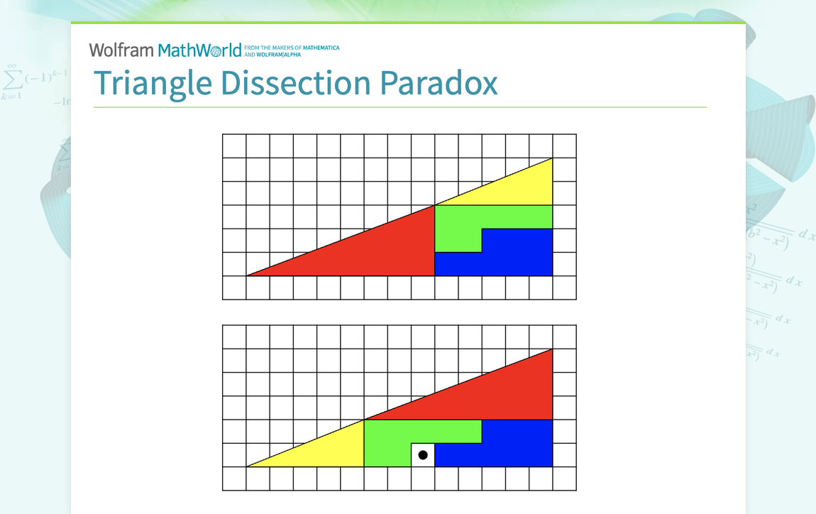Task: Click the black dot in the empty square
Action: click(423, 455)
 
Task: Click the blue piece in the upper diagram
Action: click(518, 256)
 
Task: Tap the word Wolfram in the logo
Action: click(121, 50)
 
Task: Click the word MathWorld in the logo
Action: click(199, 50)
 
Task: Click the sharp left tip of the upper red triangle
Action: click(248, 275)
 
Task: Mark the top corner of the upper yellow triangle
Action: click(552, 158)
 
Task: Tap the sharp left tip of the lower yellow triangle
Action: click(248, 466)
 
